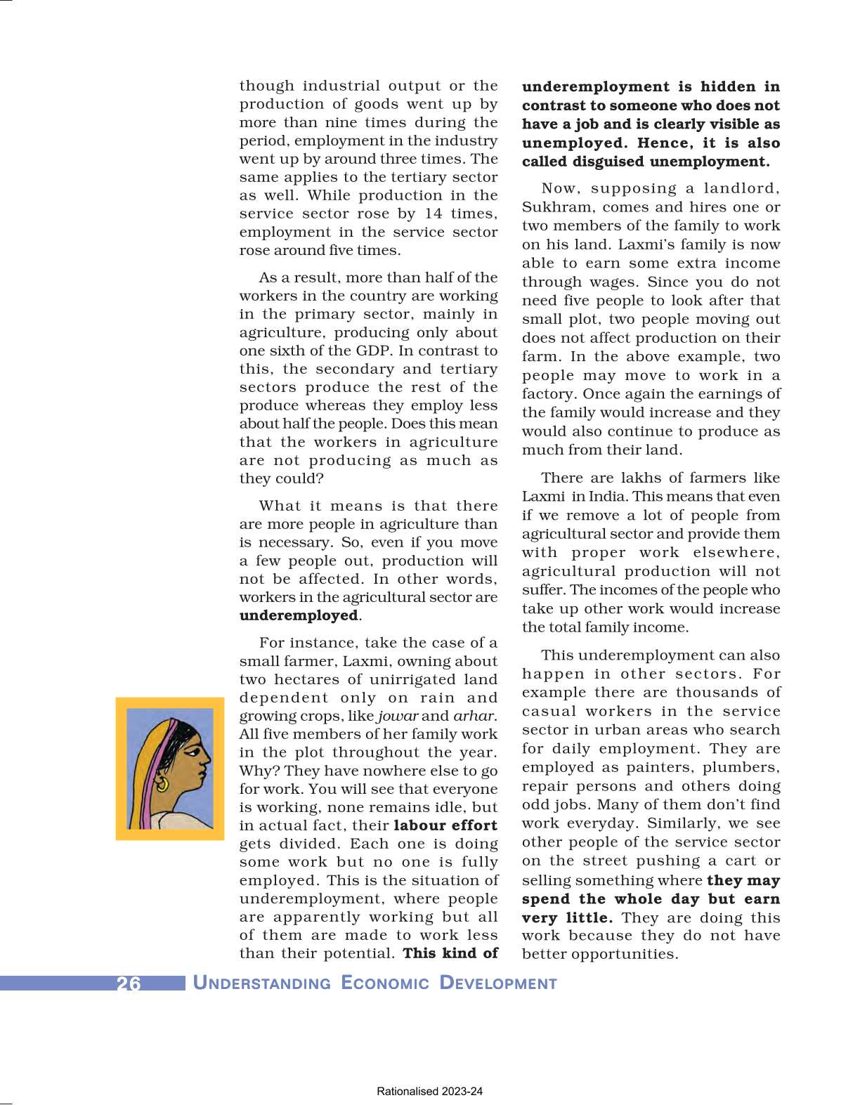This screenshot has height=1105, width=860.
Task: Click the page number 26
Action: [129, 983]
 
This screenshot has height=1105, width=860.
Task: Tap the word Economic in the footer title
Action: [384, 983]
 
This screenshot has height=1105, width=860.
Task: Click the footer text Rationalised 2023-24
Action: [429, 1092]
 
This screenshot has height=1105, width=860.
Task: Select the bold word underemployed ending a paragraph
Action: [299, 616]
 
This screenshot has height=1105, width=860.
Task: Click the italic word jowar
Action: [398, 717]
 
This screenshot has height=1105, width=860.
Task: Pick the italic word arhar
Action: [474, 717]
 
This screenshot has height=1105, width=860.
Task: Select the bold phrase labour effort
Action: [445, 826]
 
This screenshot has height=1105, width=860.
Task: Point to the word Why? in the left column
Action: [259, 771]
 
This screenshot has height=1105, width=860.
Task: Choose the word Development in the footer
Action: [497, 983]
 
